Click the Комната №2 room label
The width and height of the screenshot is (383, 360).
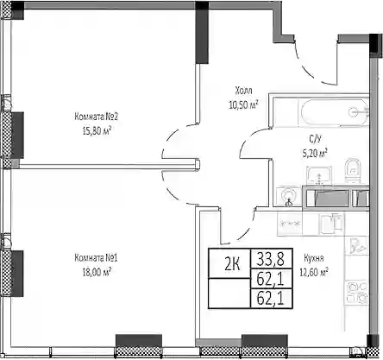[x=97, y=117]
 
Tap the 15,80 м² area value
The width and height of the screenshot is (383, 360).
[x=97, y=131]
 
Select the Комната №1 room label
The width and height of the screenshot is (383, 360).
[x=96, y=258]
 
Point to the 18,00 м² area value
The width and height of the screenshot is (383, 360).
[x=97, y=272]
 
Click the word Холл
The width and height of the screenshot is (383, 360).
[x=243, y=91]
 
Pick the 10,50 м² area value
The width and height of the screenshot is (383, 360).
[x=243, y=104]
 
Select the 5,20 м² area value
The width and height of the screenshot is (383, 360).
[x=315, y=153]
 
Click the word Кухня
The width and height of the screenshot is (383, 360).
[x=314, y=258]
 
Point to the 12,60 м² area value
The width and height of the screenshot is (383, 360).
[x=314, y=272]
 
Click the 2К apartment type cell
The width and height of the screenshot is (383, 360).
[x=233, y=264]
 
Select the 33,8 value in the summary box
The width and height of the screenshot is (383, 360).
[x=271, y=258]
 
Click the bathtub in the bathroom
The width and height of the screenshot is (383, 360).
[x=335, y=112]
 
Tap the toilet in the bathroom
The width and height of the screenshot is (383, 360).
[x=353, y=170]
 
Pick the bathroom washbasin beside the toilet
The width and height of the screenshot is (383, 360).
[x=319, y=175]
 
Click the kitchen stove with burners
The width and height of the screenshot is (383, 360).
[x=356, y=292]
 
